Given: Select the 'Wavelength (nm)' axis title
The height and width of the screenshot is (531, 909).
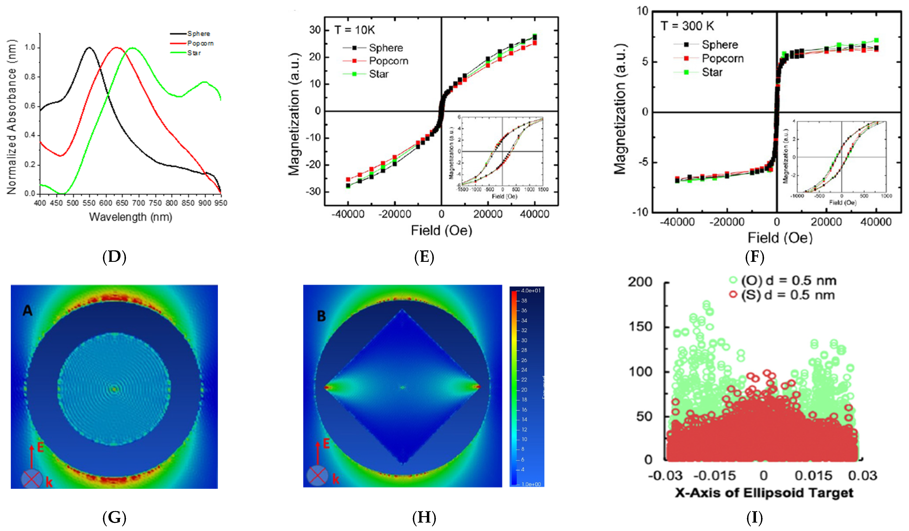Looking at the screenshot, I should coord(130,217).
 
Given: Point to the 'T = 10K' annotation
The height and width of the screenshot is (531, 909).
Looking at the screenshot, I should coord(355,30).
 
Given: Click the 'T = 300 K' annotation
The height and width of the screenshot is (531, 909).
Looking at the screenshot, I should coord(687,26).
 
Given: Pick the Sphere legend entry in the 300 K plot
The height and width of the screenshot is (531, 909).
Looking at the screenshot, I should coord(720,45).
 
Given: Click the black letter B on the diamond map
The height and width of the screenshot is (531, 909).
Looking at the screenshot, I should coord(321,316).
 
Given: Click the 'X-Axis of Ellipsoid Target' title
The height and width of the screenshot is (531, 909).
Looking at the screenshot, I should coord(764,493).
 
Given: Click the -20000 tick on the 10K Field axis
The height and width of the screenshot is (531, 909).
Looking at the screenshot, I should coord(394,214).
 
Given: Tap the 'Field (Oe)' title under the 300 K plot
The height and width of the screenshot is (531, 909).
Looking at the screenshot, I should coord(780,238).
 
